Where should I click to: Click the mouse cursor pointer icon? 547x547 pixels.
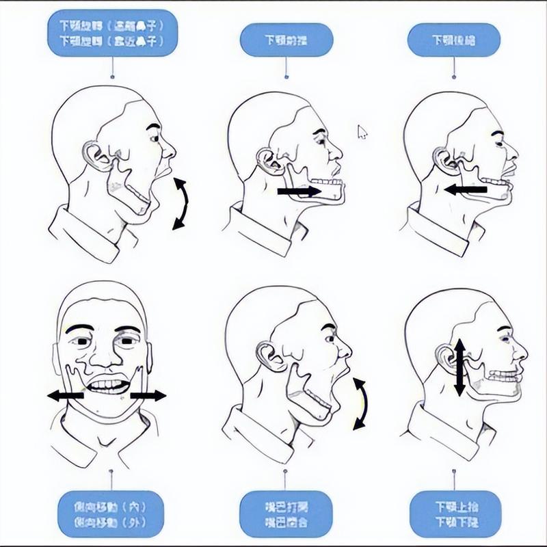pos(362,131)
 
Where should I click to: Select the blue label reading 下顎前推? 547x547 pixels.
pos(286,40)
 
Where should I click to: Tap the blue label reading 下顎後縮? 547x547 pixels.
pos(454,40)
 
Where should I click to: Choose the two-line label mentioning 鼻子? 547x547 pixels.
pos(112,32)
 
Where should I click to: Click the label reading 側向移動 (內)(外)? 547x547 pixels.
pos(111,513)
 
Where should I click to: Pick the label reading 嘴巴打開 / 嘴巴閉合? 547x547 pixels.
pos(286,513)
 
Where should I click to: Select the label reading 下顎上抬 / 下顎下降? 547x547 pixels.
pos(453,513)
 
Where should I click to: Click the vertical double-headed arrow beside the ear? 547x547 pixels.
pos(459,367)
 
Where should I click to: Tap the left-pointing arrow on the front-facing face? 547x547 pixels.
pos(66,395)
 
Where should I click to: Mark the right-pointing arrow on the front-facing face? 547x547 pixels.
pos(148,395)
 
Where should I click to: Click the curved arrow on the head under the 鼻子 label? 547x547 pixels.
pos(180,203)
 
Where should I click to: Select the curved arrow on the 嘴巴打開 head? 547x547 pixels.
pos(360,403)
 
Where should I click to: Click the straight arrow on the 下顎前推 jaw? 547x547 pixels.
pos(299,192)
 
